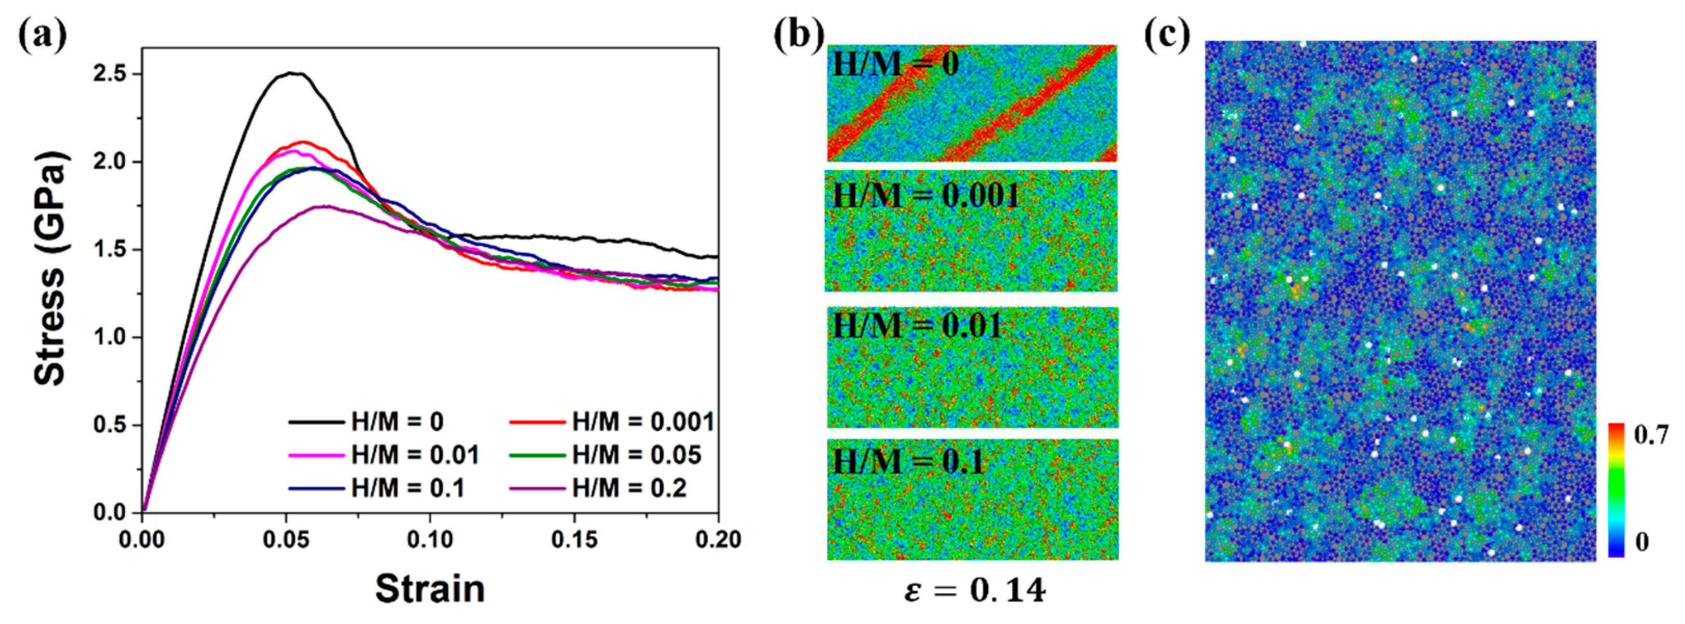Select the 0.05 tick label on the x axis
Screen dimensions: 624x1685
(286, 540)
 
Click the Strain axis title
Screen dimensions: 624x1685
(430, 589)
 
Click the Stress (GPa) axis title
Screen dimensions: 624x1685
(50, 268)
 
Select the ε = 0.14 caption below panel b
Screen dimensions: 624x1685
(974, 591)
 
